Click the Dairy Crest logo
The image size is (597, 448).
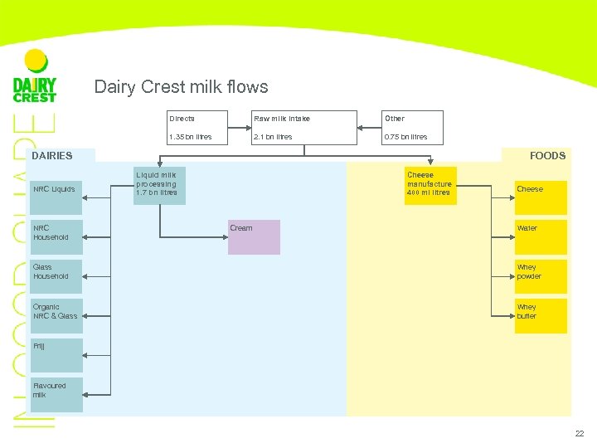point(35,77)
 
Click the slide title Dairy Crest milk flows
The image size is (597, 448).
point(181,87)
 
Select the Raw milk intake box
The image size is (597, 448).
point(303,127)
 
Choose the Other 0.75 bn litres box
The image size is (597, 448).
point(411,127)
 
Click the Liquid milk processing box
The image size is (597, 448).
point(159,186)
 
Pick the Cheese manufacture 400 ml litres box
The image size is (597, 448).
point(430,186)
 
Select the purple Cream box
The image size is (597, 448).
point(254,237)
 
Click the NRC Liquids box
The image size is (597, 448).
point(56,190)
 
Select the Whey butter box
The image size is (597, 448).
point(541,315)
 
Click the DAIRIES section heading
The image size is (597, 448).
point(52,155)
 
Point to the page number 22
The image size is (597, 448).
point(579,434)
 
